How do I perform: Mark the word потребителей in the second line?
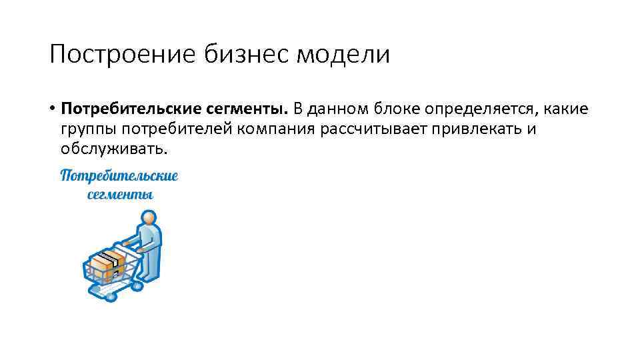click(167, 128)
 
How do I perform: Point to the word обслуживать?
click(114, 149)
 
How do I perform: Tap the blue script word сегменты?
click(121, 195)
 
